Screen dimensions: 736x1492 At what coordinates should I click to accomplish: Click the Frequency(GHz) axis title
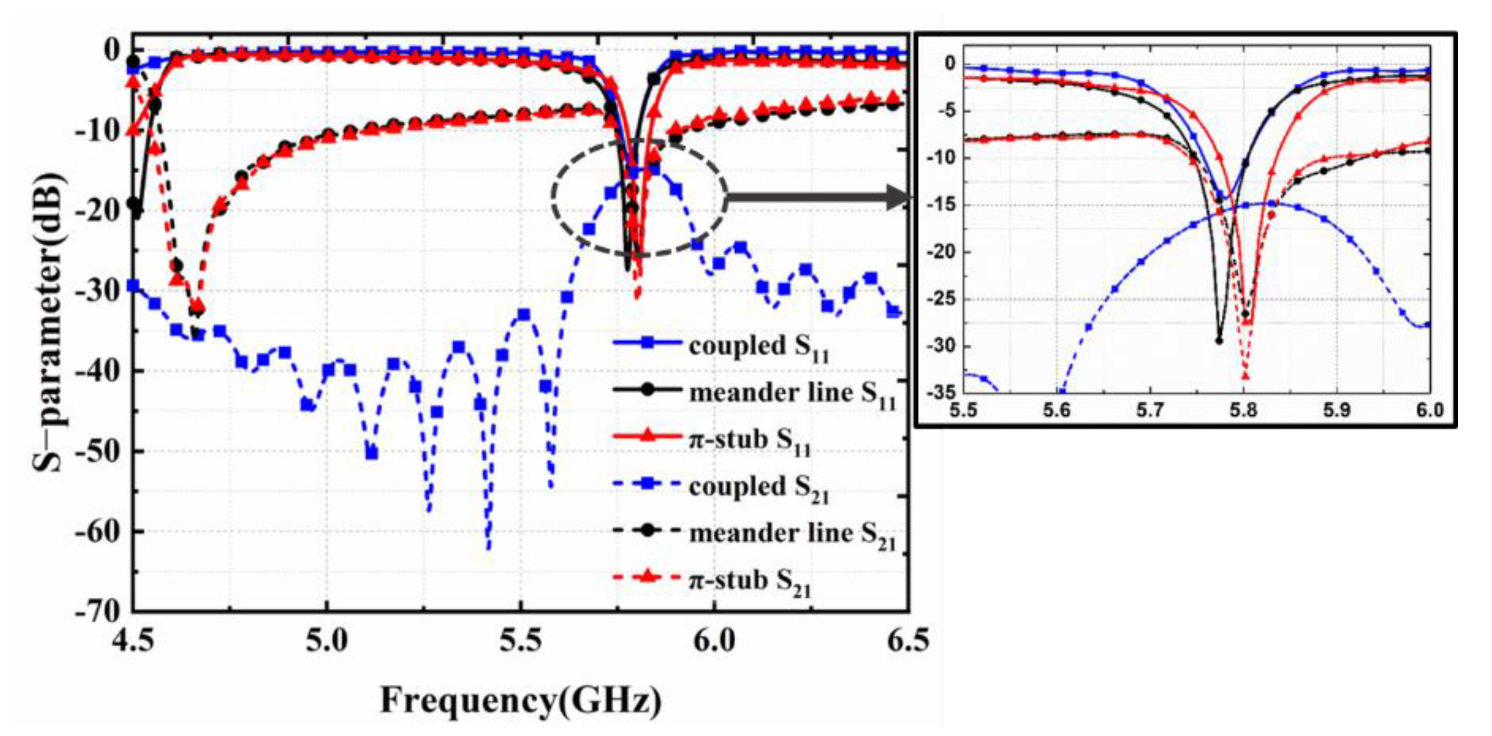(x=520, y=700)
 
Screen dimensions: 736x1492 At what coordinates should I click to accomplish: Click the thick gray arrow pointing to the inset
(x=817, y=198)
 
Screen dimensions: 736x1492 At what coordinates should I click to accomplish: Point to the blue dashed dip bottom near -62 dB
(x=488, y=547)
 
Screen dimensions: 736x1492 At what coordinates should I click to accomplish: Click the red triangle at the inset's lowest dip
(x=1245, y=376)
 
